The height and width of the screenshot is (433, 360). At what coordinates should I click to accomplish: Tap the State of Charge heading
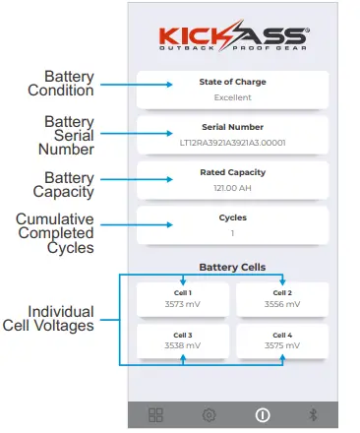[x=232, y=82]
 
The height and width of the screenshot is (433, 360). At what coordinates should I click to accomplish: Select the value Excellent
[x=232, y=97]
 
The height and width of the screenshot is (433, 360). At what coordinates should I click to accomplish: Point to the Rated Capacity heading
[x=232, y=173]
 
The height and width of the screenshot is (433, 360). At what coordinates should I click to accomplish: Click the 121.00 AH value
[x=232, y=189]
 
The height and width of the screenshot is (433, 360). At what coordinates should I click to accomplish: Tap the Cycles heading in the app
[x=232, y=217]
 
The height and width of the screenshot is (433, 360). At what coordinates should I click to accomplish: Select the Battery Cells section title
[x=232, y=267]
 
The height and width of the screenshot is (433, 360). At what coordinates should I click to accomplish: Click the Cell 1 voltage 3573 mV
[x=184, y=305]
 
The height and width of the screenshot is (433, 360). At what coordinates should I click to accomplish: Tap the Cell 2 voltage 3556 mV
[x=281, y=305]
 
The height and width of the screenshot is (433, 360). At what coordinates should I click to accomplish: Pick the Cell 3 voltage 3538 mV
[x=184, y=346]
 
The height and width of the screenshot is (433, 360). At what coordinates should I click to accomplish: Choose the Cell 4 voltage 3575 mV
[x=281, y=346]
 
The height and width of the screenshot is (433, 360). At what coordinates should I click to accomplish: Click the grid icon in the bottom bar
[x=155, y=414]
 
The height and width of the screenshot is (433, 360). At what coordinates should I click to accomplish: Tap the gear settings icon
[x=209, y=414]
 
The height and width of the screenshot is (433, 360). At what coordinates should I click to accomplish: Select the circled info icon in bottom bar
[x=262, y=414]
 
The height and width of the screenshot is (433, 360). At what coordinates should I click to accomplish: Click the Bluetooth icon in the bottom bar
[x=314, y=414]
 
